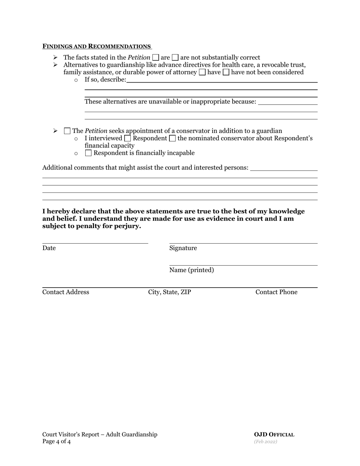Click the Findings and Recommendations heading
(x=97, y=46)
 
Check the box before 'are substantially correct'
(x=155, y=58)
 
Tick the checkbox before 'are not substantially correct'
(x=175, y=58)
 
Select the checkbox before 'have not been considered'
(x=226, y=72)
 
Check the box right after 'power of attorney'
(x=202, y=72)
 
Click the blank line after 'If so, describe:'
(x=222, y=80)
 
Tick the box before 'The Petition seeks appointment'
(x=67, y=131)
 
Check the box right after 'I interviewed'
(x=128, y=138)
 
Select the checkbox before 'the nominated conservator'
(x=172, y=138)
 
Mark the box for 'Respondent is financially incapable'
(x=88, y=153)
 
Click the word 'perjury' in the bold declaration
(x=128, y=226)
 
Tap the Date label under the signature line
(x=49, y=248)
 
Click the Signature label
(x=183, y=248)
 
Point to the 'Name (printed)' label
(x=191, y=270)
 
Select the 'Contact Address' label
(x=66, y=292)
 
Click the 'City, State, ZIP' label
(x=169, y=292)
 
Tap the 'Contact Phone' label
(x=276, y=292)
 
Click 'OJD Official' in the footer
(x=274, y=435)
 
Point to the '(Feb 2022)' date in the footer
(x=266, y=442)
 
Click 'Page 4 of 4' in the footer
(x=56, y=441)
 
